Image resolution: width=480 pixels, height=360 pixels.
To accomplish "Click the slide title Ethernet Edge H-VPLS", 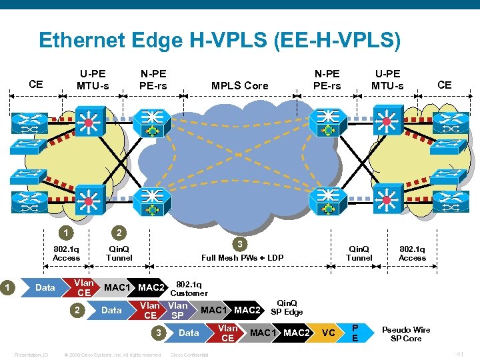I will [x=219, y=40].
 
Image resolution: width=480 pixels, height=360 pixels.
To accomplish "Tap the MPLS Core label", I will [x=239, y=85].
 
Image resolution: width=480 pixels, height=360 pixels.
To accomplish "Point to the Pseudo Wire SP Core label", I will [x=406, y=334].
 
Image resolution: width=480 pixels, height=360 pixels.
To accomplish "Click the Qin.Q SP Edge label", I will [x=287, y=307].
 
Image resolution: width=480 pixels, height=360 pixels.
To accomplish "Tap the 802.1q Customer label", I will [x=189, y=289].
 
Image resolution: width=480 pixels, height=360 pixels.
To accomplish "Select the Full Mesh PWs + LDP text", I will [x=242, y=257].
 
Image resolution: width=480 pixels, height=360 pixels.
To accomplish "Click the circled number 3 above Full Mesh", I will [x=242, y=244].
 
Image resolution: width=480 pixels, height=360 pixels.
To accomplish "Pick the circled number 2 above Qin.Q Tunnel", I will [x=119, y=233].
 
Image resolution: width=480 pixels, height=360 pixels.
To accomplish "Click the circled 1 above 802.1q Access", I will [x=65, y=233].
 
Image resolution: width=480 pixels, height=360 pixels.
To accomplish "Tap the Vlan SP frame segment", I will [x=177, y=310].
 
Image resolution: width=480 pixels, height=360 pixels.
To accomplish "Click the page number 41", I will [x=459, y=353].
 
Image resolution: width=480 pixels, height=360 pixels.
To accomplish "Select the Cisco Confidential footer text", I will [x=189, y=354].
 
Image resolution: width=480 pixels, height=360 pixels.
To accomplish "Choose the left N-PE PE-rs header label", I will [x=153, y=79].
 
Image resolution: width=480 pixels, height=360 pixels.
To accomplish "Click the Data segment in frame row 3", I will [x=189, y=333].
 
